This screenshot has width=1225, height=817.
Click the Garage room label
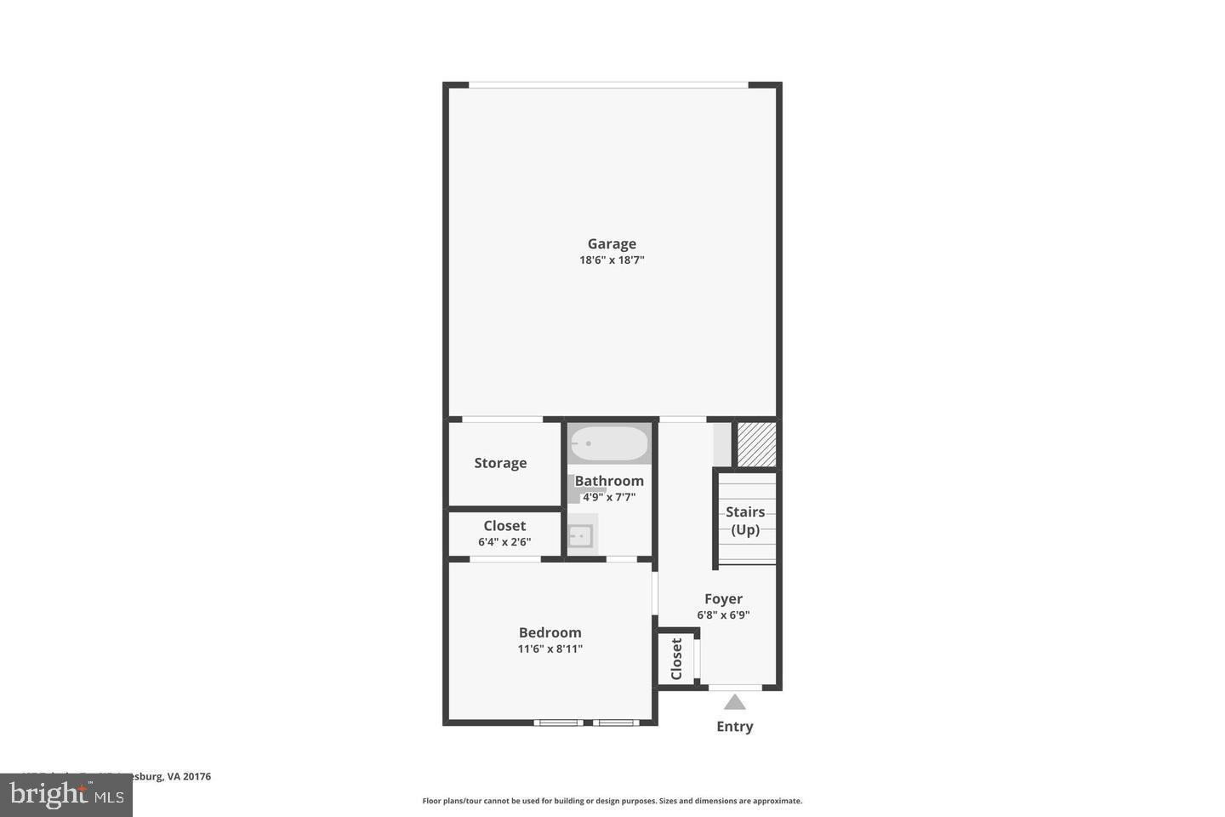(x=612, y=244)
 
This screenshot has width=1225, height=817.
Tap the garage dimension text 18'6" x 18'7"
(x=612, y=260)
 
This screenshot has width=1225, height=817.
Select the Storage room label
(x=500, y=463)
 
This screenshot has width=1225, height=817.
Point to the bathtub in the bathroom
(x=609, y=443)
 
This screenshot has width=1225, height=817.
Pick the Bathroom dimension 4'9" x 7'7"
(x=609, y=497)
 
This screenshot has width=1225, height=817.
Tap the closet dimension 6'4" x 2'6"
(x=504, y=541)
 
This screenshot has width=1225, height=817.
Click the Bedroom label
(x=550, y=632)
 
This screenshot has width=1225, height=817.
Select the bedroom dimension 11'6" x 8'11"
(x=550, y=648)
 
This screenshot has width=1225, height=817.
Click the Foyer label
(x=723, y=599)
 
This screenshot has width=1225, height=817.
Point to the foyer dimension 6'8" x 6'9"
(x=723, y=614)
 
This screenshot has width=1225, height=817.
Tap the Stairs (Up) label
(x=745, y=520)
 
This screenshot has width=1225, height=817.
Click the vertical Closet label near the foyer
(x=677, y=659)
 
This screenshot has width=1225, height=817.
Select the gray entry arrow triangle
(x=735, y=703)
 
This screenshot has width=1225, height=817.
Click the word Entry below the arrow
(x=735, y=726)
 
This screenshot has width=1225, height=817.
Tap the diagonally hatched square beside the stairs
(x=756, y=444)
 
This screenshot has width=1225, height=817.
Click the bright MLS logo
(x=66, y=796)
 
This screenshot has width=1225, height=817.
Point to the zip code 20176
(x=197, y=776)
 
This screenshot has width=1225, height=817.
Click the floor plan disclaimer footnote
(x=612, y=801)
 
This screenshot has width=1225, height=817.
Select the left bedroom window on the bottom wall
(x=559, y=723)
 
